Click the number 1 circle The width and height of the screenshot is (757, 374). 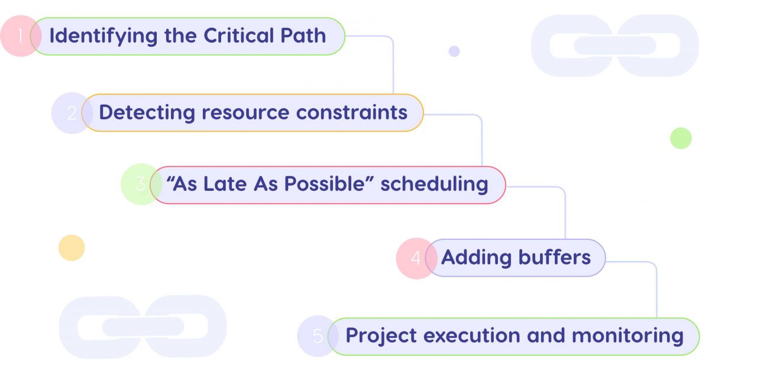point(20,36)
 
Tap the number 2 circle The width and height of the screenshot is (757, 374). point(71,113)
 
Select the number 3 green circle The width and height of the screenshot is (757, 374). point(140,184)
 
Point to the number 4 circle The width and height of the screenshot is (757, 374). point(415,258)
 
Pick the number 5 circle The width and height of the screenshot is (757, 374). point(317,336)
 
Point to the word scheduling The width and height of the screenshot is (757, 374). point(434,184)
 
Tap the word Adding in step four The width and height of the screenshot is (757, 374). point(476,257)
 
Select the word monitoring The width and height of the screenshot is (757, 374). point(628,336)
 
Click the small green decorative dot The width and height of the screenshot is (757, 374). point(681,138)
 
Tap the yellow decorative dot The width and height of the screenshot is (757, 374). point(72,248)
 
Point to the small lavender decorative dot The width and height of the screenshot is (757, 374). point(454,51)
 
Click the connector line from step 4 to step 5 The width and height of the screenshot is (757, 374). point(656,290)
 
